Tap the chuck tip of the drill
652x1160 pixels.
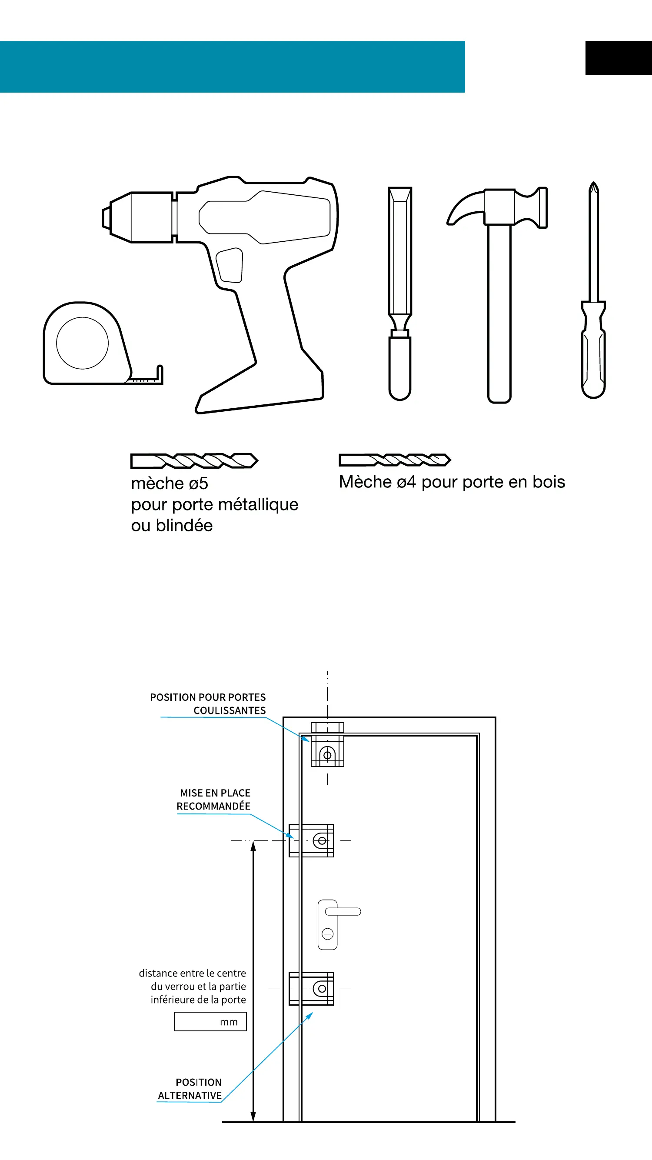coord(106,218)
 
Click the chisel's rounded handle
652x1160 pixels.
coord(399,367)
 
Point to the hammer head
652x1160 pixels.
coord(500,207)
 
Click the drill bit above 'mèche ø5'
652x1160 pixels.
coord(194,461)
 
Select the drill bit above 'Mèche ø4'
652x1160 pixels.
coord(394,460)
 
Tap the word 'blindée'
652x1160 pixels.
coord(184,526)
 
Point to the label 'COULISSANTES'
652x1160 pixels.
coord(230,710)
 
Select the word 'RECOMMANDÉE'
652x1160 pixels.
coord(213,806)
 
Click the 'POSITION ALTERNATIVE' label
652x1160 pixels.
coord(190,1089)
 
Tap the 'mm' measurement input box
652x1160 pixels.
coord(210,1021)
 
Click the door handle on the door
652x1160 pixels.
coord(342,912)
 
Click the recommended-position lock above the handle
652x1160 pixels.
coord(312,840)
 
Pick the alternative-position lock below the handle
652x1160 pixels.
coord(312,988)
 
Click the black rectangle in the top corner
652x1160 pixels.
coord(618,58)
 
